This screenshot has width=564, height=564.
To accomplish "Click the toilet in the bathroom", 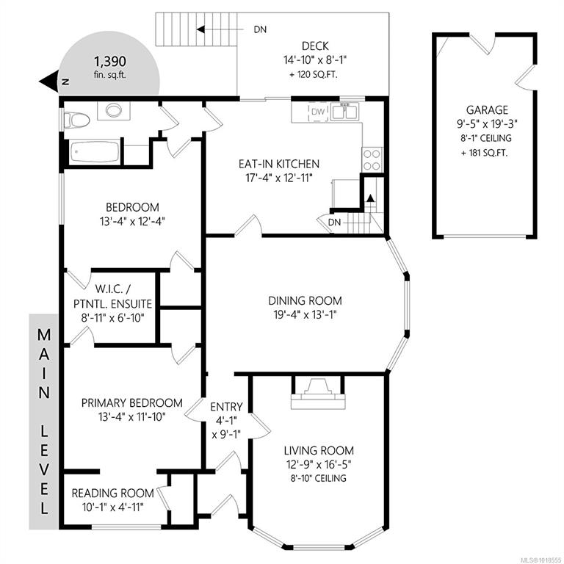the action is click(76, 120).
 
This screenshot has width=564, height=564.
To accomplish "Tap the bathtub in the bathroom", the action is click(94, 152).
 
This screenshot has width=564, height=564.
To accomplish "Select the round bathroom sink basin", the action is click(114, 110).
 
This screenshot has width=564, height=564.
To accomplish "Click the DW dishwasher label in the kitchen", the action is click(318, 112).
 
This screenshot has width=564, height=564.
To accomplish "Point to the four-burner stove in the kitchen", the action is click(372, 159).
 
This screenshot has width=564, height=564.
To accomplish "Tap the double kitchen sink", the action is click(344, 112).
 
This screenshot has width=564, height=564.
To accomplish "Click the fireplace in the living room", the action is click(318, 393).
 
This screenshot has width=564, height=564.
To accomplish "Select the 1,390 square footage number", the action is click(110, 62).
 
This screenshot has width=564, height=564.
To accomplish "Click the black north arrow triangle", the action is click(49, 82).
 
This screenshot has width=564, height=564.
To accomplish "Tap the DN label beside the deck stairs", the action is click(260, 29).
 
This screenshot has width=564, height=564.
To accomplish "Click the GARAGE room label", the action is click(488, 109).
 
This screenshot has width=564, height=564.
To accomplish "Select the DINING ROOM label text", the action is click(305, 300).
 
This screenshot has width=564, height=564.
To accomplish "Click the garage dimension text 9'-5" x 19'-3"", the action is click(487, 124).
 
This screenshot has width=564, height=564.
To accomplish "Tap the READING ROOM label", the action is click(112, 493).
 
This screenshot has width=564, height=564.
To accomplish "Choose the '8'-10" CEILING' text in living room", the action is click(319, 478).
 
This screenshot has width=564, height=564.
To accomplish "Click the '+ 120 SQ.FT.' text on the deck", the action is click(314, 75).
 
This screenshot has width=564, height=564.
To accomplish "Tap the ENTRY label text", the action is click(226, 407).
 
